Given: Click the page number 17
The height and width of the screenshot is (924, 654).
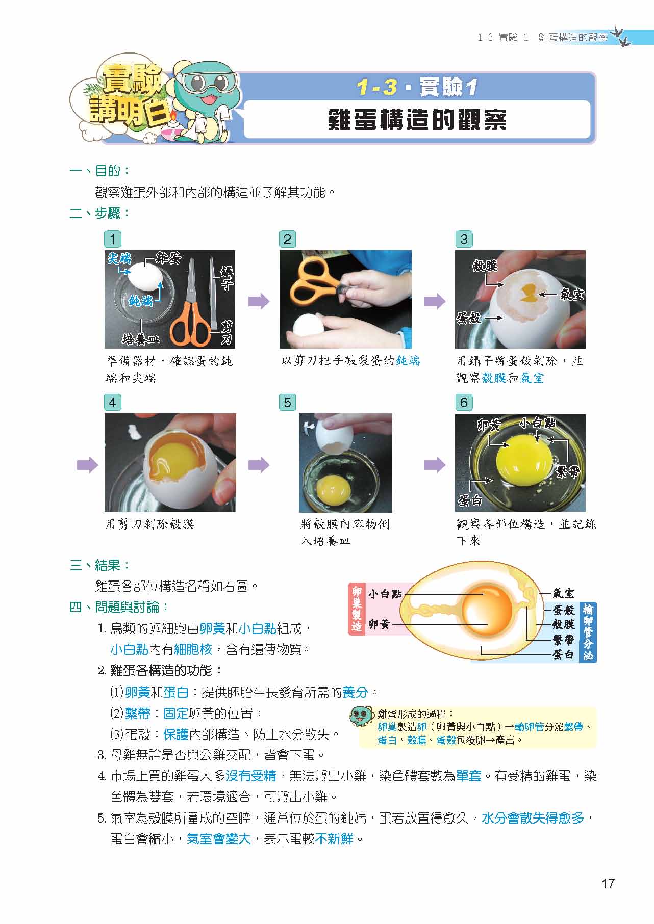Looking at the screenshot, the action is click(x=608, y=883).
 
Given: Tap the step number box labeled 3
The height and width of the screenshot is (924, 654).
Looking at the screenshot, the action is click(x=463, y=240).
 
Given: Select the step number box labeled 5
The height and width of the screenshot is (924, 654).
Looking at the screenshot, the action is click(x=287, y=403).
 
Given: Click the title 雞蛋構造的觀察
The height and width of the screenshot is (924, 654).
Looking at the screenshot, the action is click(x=417, y=120).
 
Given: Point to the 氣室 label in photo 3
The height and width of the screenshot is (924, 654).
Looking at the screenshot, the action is click(x=571, y=295).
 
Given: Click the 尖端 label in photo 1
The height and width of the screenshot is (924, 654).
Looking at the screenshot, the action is click(x=119, y=259).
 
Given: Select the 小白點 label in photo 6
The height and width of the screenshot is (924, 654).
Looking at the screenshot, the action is click(x=537, y=423).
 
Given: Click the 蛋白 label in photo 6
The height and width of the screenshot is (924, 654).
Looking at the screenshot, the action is click(x=470, y=500).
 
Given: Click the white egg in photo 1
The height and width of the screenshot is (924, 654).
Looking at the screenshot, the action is click(x=146, y=278).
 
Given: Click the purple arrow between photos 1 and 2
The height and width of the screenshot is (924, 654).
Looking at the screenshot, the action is click(x=259, y=302).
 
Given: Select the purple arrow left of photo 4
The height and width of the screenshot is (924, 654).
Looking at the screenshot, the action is click(x=87, y=465).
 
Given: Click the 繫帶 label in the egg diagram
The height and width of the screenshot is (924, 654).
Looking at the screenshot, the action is click(x=564, y=639).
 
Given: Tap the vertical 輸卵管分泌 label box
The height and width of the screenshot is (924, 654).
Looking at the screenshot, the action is click(x=588, y=632).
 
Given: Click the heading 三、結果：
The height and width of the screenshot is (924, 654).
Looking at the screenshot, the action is click(x=100, y=565).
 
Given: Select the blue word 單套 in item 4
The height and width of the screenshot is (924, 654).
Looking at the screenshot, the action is click(x=469, y=776).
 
